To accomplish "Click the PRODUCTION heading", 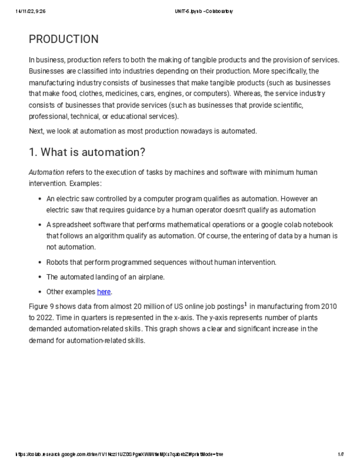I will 64,39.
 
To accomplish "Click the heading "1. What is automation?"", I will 87,152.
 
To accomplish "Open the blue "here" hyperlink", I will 104,292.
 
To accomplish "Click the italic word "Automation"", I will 46,173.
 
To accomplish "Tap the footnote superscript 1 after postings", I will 245,304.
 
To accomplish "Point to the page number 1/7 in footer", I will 341,454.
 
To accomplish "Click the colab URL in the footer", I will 119,454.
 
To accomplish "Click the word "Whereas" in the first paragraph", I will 249,94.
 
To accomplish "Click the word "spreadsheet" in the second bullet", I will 71,225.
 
